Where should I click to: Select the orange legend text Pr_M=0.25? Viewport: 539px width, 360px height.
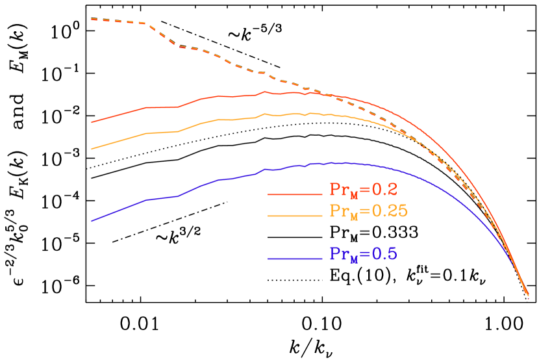point(368,211)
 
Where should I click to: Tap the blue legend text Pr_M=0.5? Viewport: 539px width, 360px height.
point(363,254)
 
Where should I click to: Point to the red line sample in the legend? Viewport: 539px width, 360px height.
point(295,194)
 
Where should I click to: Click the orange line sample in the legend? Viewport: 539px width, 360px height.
point(295,215)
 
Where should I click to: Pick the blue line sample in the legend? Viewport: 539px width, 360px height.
point(295,259)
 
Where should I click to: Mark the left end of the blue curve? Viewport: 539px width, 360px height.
point(92,221)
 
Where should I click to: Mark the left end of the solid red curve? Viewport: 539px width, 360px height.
point(92,122)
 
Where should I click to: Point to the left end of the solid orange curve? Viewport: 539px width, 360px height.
point(92,149)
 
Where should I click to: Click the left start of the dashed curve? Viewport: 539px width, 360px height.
point(92,19)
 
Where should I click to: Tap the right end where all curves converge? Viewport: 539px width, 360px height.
point(529,296)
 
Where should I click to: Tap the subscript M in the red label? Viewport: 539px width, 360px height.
point(355,196)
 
